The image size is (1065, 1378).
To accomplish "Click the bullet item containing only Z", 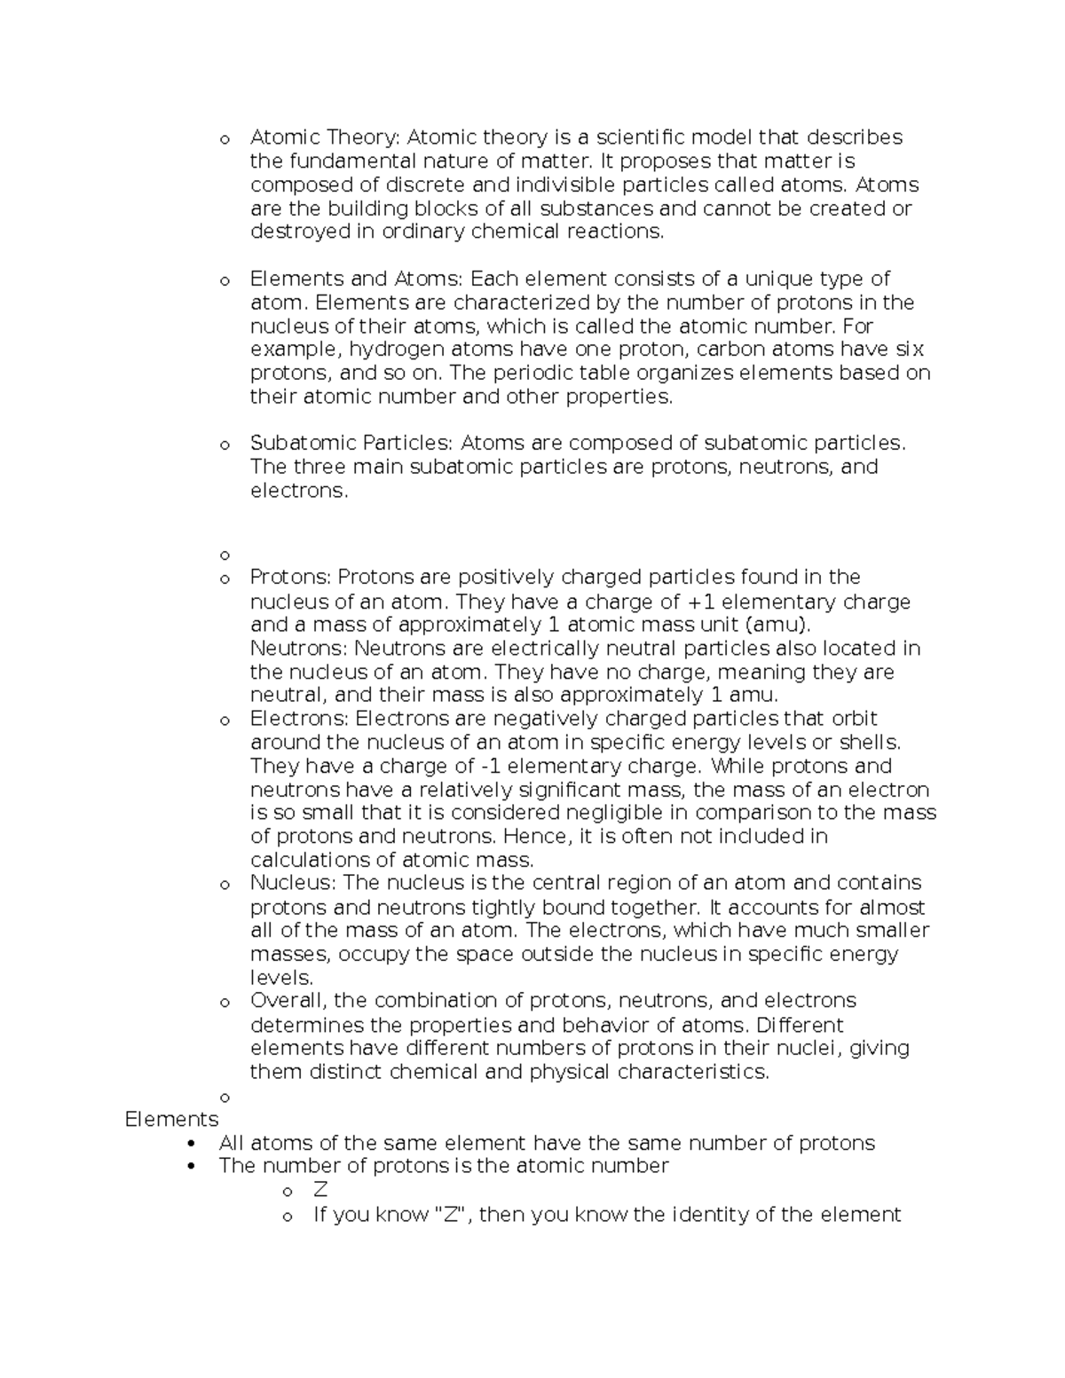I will (x=320, y=1191).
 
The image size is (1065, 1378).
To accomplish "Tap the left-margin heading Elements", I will (x=171, y=1120).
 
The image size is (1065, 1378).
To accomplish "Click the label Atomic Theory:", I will (x=326, y=138).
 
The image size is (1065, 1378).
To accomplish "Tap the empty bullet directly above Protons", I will (x=225, y=555).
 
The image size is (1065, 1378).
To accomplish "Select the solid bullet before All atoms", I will (x=193, y=1143).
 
